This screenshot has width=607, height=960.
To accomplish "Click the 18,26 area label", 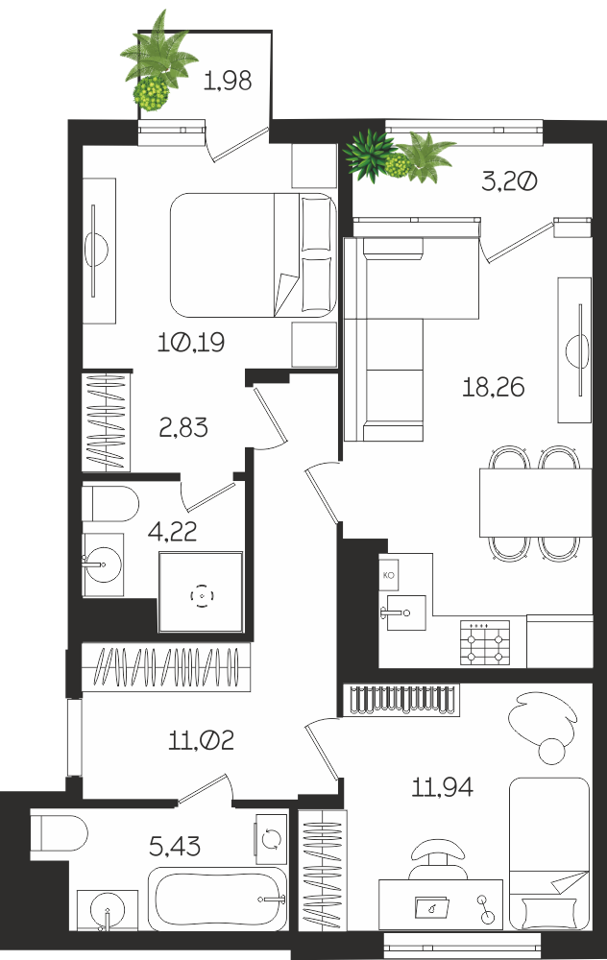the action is coord(493,388).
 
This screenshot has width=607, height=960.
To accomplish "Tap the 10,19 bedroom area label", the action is coord(191,343).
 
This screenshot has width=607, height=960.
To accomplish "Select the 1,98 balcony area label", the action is coord(228,81).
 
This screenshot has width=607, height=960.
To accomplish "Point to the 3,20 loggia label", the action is coord(509,181).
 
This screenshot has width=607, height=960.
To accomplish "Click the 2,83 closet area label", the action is coord(183,427).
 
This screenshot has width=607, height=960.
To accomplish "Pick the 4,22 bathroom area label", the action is coord(172,532).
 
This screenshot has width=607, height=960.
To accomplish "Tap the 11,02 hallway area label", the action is coord(201,741).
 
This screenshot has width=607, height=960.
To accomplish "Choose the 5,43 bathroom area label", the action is coord(175,846).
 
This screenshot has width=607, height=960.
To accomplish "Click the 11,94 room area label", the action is coord(442,787).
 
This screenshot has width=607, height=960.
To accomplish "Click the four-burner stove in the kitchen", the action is coord(485,643).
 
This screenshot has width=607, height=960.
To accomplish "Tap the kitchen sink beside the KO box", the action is coord(402,612).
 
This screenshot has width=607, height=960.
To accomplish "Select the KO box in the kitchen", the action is coord(388,575).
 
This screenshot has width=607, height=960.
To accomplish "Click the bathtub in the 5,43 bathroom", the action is coord(217,899).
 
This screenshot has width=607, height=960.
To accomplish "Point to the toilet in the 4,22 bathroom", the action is coord(110,504).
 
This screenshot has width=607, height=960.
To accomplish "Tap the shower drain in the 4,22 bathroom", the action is coord(202,595).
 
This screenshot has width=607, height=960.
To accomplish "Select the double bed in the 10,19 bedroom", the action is coord(253,254).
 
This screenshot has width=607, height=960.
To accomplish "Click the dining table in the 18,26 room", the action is coord(535,502).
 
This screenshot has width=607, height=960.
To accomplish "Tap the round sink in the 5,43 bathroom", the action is coord(108,910).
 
